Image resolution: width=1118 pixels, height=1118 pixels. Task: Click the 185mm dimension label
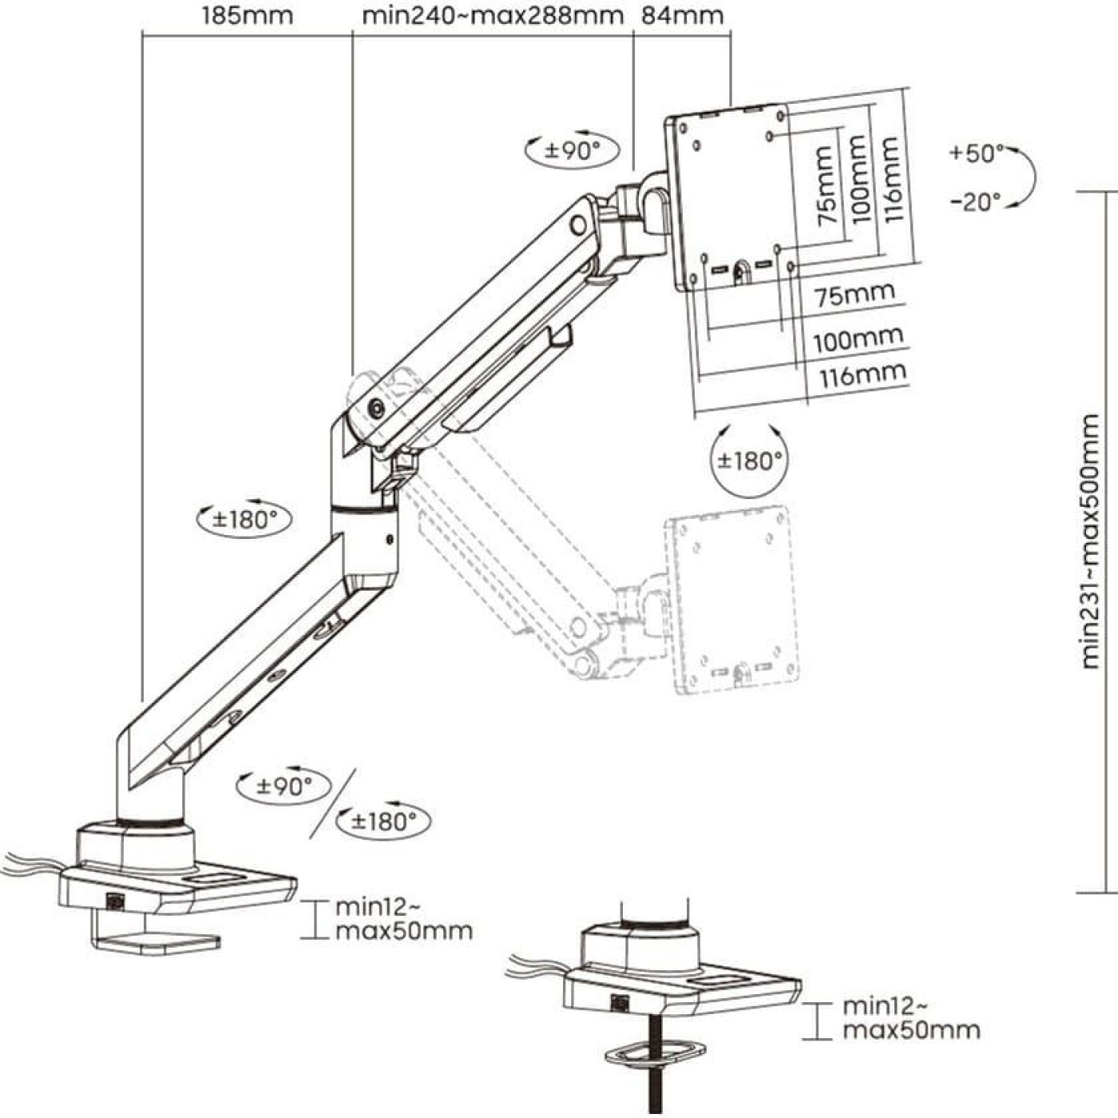click(247, 15)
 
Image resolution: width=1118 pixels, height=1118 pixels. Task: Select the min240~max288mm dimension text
click(492, 15)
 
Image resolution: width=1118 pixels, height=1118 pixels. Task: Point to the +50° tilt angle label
click(976, 153)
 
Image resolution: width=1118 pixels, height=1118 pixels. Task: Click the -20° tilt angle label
click(976, 201)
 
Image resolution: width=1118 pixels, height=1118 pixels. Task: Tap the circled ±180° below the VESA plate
click(749, 461)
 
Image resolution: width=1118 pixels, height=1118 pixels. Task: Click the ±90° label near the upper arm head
click(573, 150)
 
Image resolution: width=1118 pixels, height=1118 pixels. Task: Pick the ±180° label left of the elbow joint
click(244, 519)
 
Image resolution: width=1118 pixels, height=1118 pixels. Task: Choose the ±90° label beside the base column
click(284, 786)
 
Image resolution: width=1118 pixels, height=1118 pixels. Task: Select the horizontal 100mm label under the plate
click(858, 339)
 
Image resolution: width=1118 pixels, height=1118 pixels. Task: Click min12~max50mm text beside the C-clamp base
click(402, 919)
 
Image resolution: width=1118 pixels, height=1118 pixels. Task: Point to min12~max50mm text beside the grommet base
click(910, 1018)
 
